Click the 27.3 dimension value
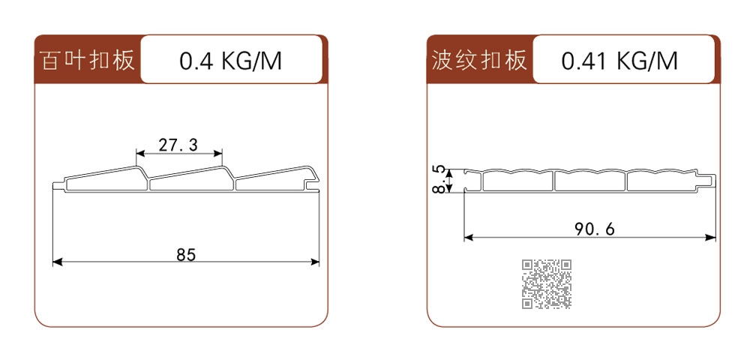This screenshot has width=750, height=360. [x=178, y=145]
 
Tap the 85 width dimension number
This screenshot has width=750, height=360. [x=186, y=255]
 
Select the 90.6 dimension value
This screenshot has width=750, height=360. [x=595, y=230]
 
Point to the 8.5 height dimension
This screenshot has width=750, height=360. [x=439, y=179]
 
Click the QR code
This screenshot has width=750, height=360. [x=546, y=284]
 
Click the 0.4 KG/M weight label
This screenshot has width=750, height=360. [x=230, y=61]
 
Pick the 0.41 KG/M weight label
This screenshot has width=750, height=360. [x=619, y=61]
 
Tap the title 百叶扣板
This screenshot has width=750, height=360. [x=88, y=60]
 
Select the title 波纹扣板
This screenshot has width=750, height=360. [x=479, y=60]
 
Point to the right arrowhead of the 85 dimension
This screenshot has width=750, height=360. [x=315, y=262]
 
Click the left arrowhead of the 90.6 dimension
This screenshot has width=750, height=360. [x=469, y=237]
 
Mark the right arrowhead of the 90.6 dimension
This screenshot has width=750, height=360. [x=711, y=237]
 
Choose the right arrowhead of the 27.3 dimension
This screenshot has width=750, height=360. [x=218, y=154]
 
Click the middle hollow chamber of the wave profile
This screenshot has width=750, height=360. [x=589, y=181]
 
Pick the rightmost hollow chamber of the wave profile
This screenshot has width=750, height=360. [x=662, y=181]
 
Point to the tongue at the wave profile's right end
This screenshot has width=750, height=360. [x=707, y=181]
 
